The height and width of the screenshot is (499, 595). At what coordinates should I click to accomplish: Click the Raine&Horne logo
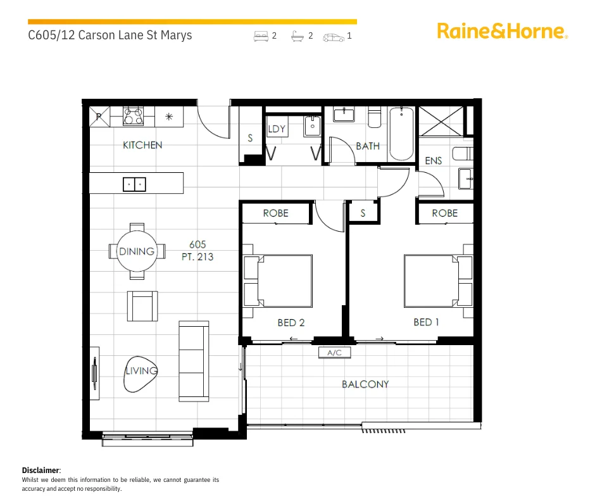tap(502, 31)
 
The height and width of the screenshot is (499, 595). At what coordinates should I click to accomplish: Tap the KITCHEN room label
tap(142, 145)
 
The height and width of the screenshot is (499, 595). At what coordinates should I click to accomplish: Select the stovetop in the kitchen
tap(134, 117)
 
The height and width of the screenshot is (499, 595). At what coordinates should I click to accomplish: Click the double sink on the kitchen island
tap(134, 184)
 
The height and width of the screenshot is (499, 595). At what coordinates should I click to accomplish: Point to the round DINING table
tap(137, 251)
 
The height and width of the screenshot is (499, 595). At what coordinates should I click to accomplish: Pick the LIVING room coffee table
tap(140, 371)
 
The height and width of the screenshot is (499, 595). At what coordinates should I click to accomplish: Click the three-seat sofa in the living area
tap(193, 360)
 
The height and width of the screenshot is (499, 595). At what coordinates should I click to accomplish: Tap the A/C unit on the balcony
tap(334, 353)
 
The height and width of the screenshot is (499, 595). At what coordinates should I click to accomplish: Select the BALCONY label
tap(365, 384)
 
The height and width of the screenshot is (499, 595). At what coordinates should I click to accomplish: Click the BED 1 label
tap(426, 322)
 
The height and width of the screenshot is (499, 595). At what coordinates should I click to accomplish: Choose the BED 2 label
tap(291, 323)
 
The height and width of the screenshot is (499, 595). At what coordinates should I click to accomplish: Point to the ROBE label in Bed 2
tap(275, 213)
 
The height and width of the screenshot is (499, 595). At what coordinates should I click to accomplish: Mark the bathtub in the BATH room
tap(401, 134)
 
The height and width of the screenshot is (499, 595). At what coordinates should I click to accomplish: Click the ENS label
tap(434, 161)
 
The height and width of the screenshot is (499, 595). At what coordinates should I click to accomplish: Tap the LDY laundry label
tap(277, 129)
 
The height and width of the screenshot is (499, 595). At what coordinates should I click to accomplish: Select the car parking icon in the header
tap(334, 37)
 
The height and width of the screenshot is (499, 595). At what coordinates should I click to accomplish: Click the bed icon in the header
tap(261, 37)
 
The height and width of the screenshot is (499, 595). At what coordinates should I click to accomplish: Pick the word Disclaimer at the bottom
tap(41, 470)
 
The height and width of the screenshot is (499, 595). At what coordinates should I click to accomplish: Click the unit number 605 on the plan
tap(197, 244)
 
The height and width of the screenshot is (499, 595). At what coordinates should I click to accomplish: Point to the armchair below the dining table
tap(142, 306)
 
